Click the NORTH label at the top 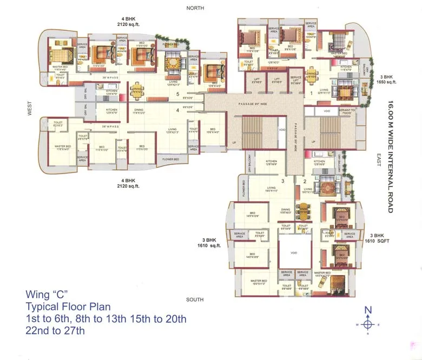click(x=195, y=8)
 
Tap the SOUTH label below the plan click(x=194, y=299)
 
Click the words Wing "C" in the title click(x=47, y=295)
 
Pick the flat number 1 click(x=311, y=94)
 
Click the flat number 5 click(x=177, y=94)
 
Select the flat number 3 click(x=283, y=181)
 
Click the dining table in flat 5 click(x=137, y=90)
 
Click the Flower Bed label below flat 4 click(x=167, y=160)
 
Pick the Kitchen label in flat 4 click(x=104, y=110)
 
